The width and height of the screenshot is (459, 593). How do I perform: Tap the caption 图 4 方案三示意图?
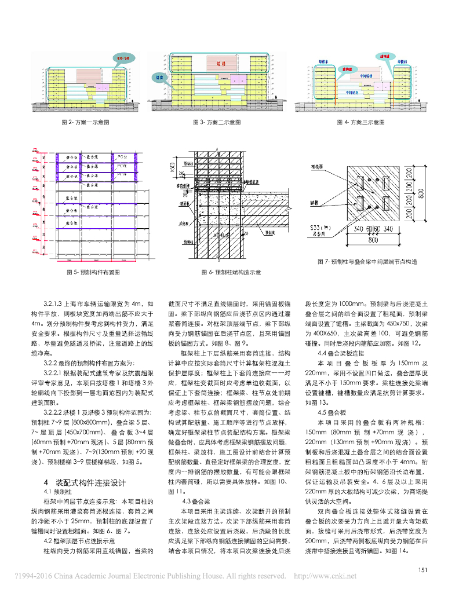360,123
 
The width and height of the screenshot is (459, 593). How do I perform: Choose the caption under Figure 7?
367,262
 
